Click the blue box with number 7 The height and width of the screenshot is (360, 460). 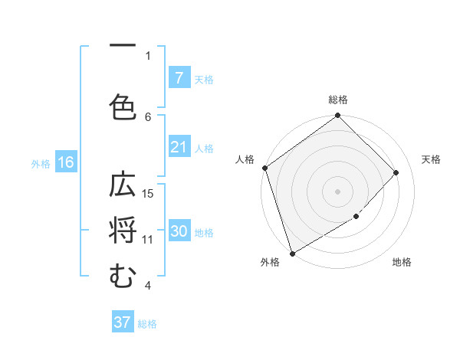179,78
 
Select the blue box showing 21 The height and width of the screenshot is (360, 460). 179,147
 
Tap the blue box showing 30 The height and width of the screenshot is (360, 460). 179,232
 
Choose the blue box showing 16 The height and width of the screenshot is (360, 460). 65,162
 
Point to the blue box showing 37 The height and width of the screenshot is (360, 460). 123,322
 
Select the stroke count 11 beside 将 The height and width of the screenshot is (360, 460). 148,239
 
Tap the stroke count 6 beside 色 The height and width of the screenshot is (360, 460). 148,116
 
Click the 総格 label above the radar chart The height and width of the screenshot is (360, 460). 337,100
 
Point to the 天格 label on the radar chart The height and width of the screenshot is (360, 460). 431,159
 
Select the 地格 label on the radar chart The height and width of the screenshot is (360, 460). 402,262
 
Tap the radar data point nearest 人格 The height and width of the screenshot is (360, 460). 264,168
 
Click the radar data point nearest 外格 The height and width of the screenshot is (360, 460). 292,253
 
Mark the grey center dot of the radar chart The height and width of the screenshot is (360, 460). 337,191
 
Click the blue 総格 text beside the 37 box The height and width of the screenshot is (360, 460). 147,324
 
